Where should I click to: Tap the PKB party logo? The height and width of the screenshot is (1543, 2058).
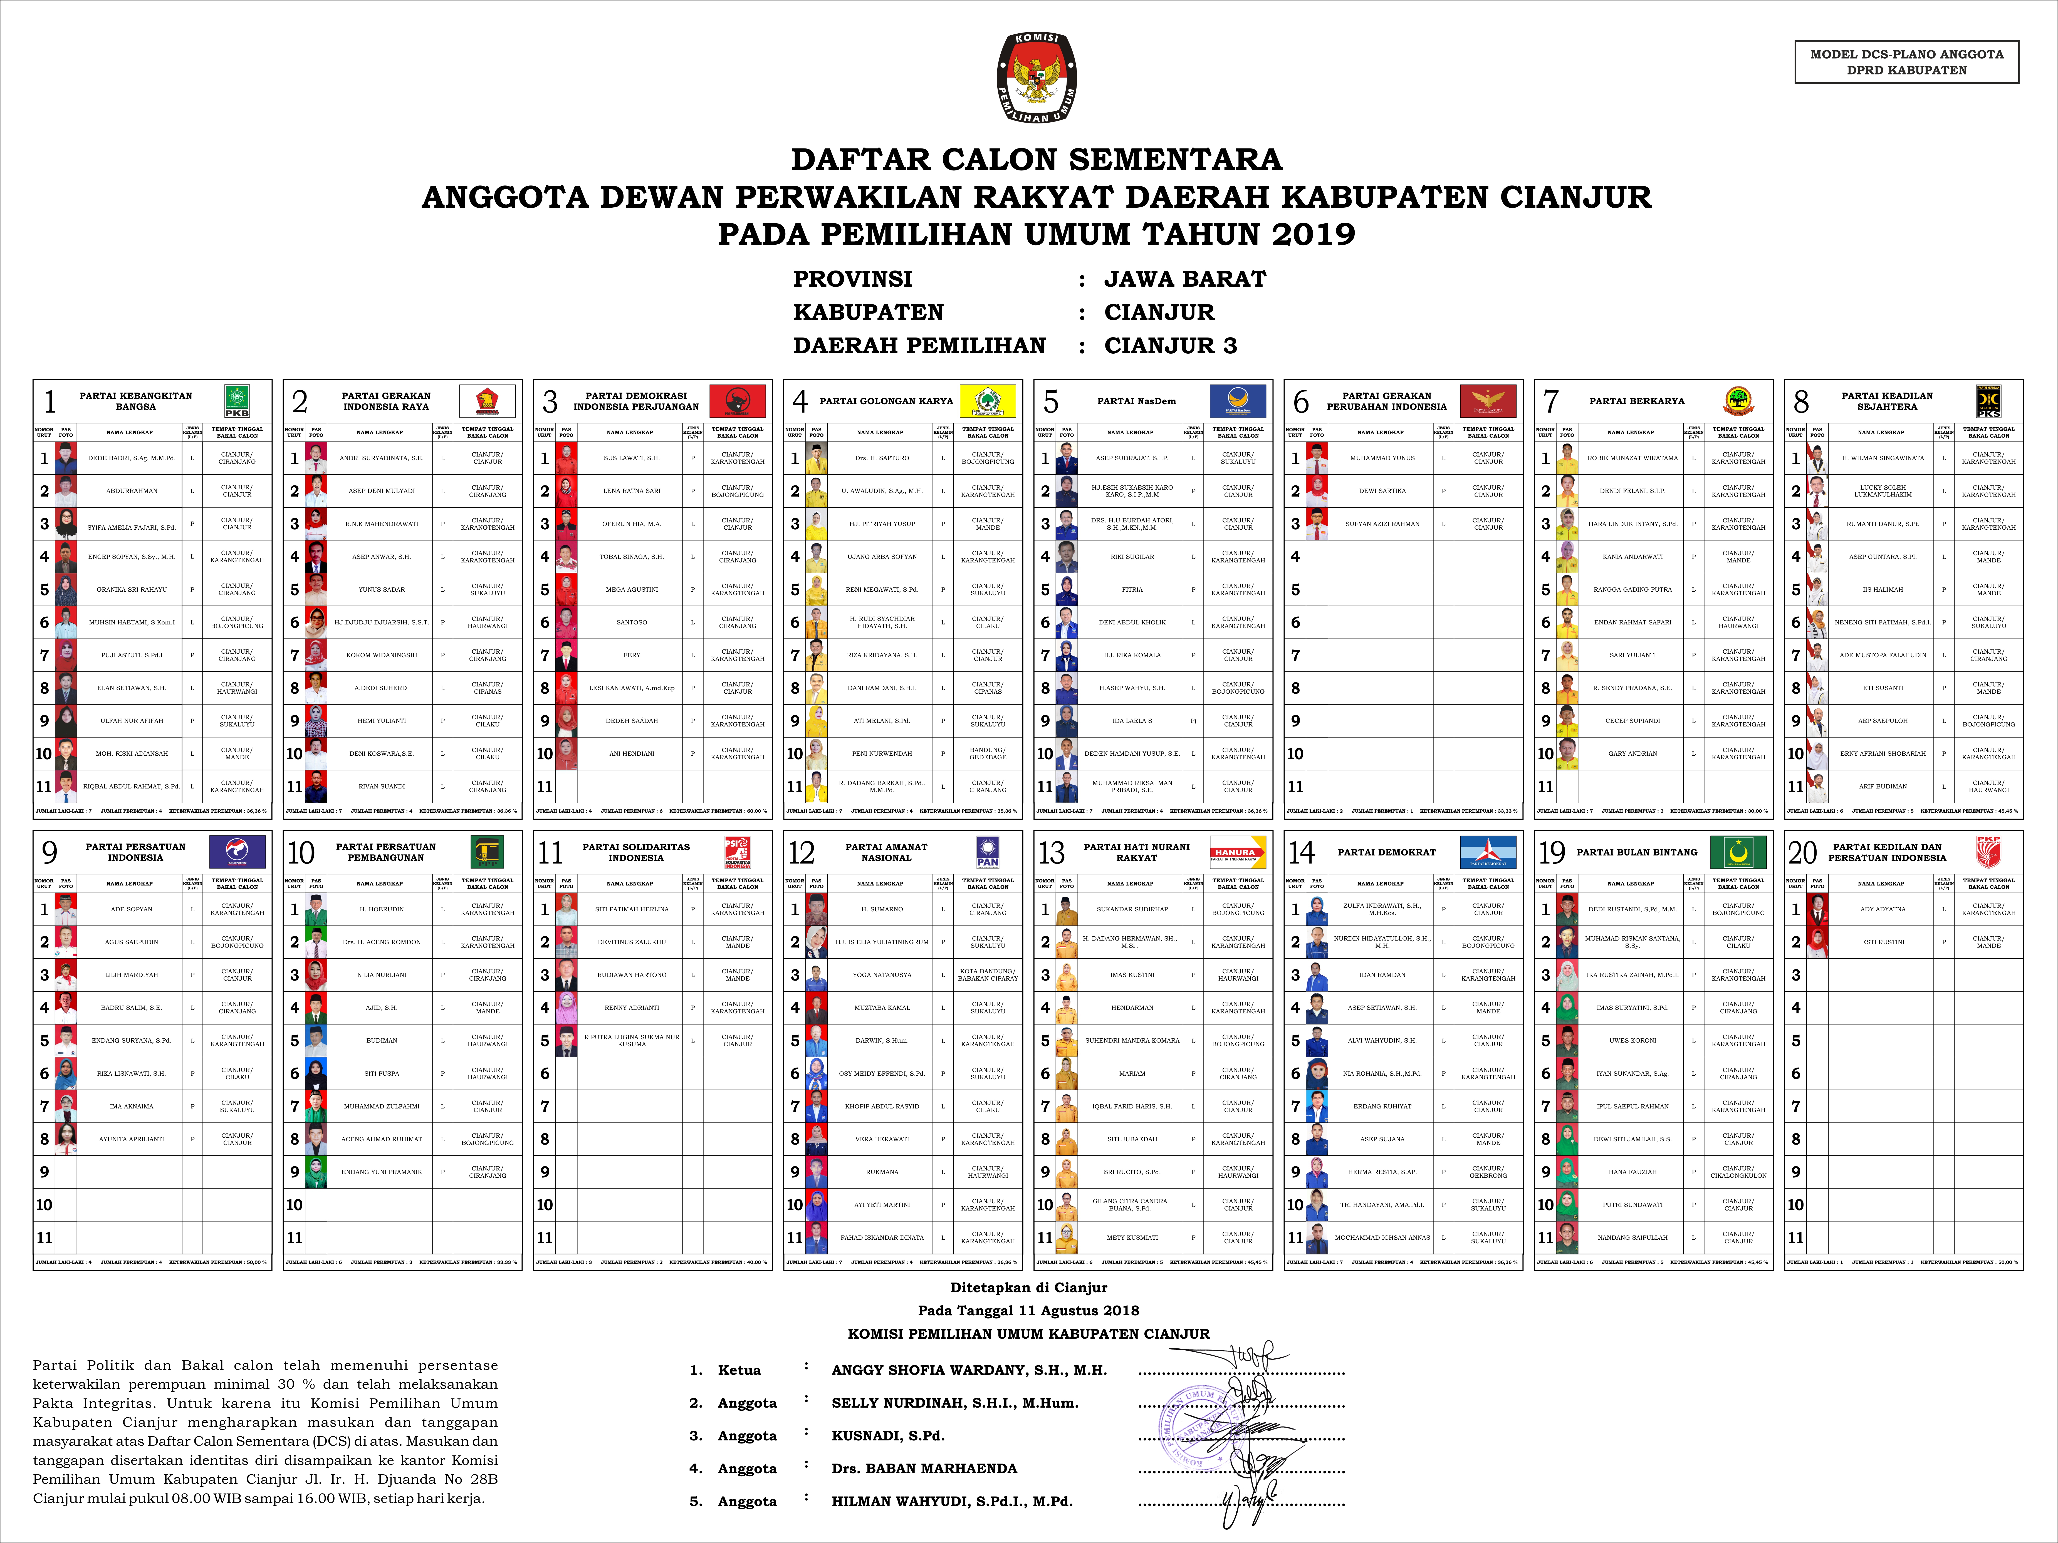(237, 401)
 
